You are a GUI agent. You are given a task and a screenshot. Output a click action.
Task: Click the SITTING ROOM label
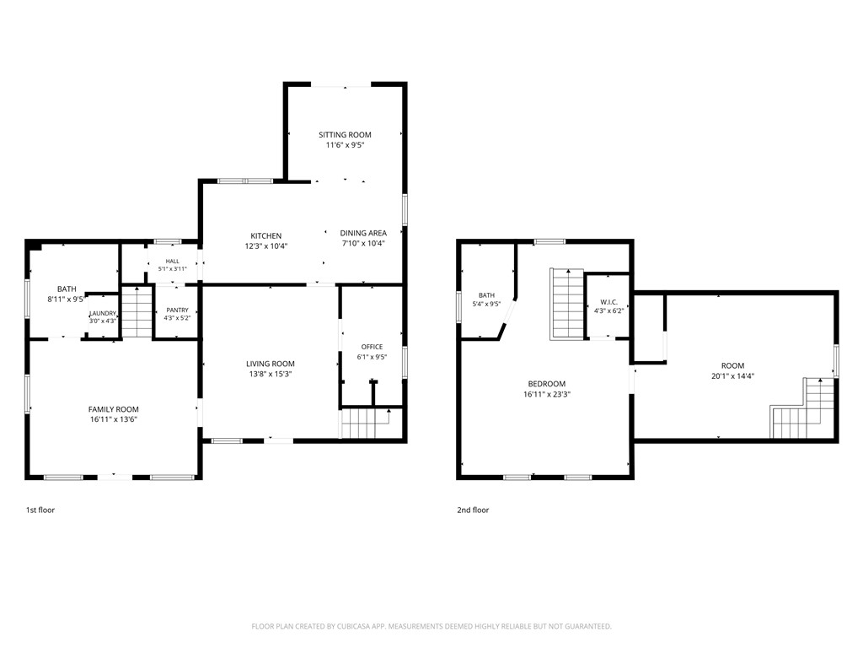point(345,134)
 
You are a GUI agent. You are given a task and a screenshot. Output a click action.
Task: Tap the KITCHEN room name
point(266,236)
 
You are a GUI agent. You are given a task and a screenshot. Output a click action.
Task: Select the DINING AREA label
point(363,233)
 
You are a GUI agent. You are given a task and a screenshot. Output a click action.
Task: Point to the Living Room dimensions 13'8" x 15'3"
point(271,374)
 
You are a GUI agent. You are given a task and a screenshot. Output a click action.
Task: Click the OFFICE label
point(372,347)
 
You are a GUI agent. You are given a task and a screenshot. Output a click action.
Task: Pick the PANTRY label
point(177,310)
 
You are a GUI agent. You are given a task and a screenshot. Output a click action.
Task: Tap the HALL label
point(172,262)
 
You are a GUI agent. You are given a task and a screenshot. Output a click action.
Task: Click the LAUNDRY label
point(103,313)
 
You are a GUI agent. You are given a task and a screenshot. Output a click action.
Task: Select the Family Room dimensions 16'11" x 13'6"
point(114,419)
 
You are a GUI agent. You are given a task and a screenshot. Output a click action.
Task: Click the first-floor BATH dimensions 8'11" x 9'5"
point(66,300)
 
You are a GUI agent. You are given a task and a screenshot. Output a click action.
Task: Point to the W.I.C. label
point(608,303)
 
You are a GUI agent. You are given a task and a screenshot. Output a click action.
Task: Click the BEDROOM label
point(546,384)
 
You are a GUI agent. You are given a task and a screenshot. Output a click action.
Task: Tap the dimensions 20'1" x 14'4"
point(732,376)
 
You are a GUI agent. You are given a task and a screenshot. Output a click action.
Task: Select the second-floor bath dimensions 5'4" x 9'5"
point(486,304)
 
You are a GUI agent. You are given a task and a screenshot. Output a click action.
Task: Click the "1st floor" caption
point(40,510)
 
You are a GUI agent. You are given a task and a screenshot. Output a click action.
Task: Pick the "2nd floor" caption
point(473,510)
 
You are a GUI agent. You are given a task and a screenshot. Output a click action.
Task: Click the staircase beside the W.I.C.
point(567,304)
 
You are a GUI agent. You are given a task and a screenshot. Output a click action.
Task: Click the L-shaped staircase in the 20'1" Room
point(803,408)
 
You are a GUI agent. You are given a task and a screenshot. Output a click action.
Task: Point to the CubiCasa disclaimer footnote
point(431,627)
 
